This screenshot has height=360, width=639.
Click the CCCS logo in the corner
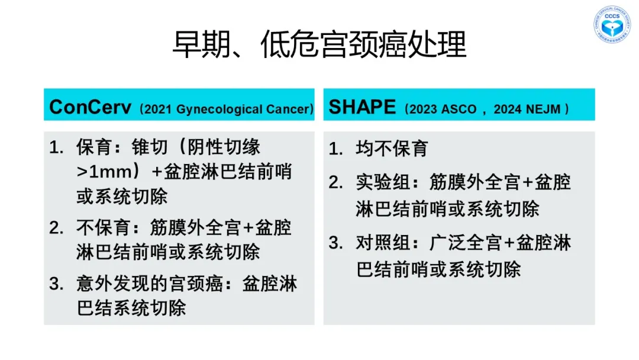pos(612,24)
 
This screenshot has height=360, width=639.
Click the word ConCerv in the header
pos(90,107)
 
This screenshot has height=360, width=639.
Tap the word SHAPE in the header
pos(362,107)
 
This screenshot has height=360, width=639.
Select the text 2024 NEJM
pos(527,110)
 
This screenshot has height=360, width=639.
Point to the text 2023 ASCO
pos(443,110)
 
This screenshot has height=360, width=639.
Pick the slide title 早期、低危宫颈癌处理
pos(319,44)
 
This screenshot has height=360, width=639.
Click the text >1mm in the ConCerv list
pos(104,172)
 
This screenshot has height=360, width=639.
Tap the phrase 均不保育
pos(392,149)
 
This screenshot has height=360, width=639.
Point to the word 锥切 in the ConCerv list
pos(150,147)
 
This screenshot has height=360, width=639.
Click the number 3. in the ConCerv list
pos(56,284)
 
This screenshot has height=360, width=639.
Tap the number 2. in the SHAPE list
pos(336,182)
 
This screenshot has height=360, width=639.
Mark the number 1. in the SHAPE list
pos(336,149)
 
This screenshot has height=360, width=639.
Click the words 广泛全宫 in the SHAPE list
pos(466,243)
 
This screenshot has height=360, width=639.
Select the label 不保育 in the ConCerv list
pos(103,227)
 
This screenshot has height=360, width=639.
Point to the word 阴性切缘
pos(224,147)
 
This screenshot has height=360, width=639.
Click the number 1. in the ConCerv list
pos(56,147)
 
